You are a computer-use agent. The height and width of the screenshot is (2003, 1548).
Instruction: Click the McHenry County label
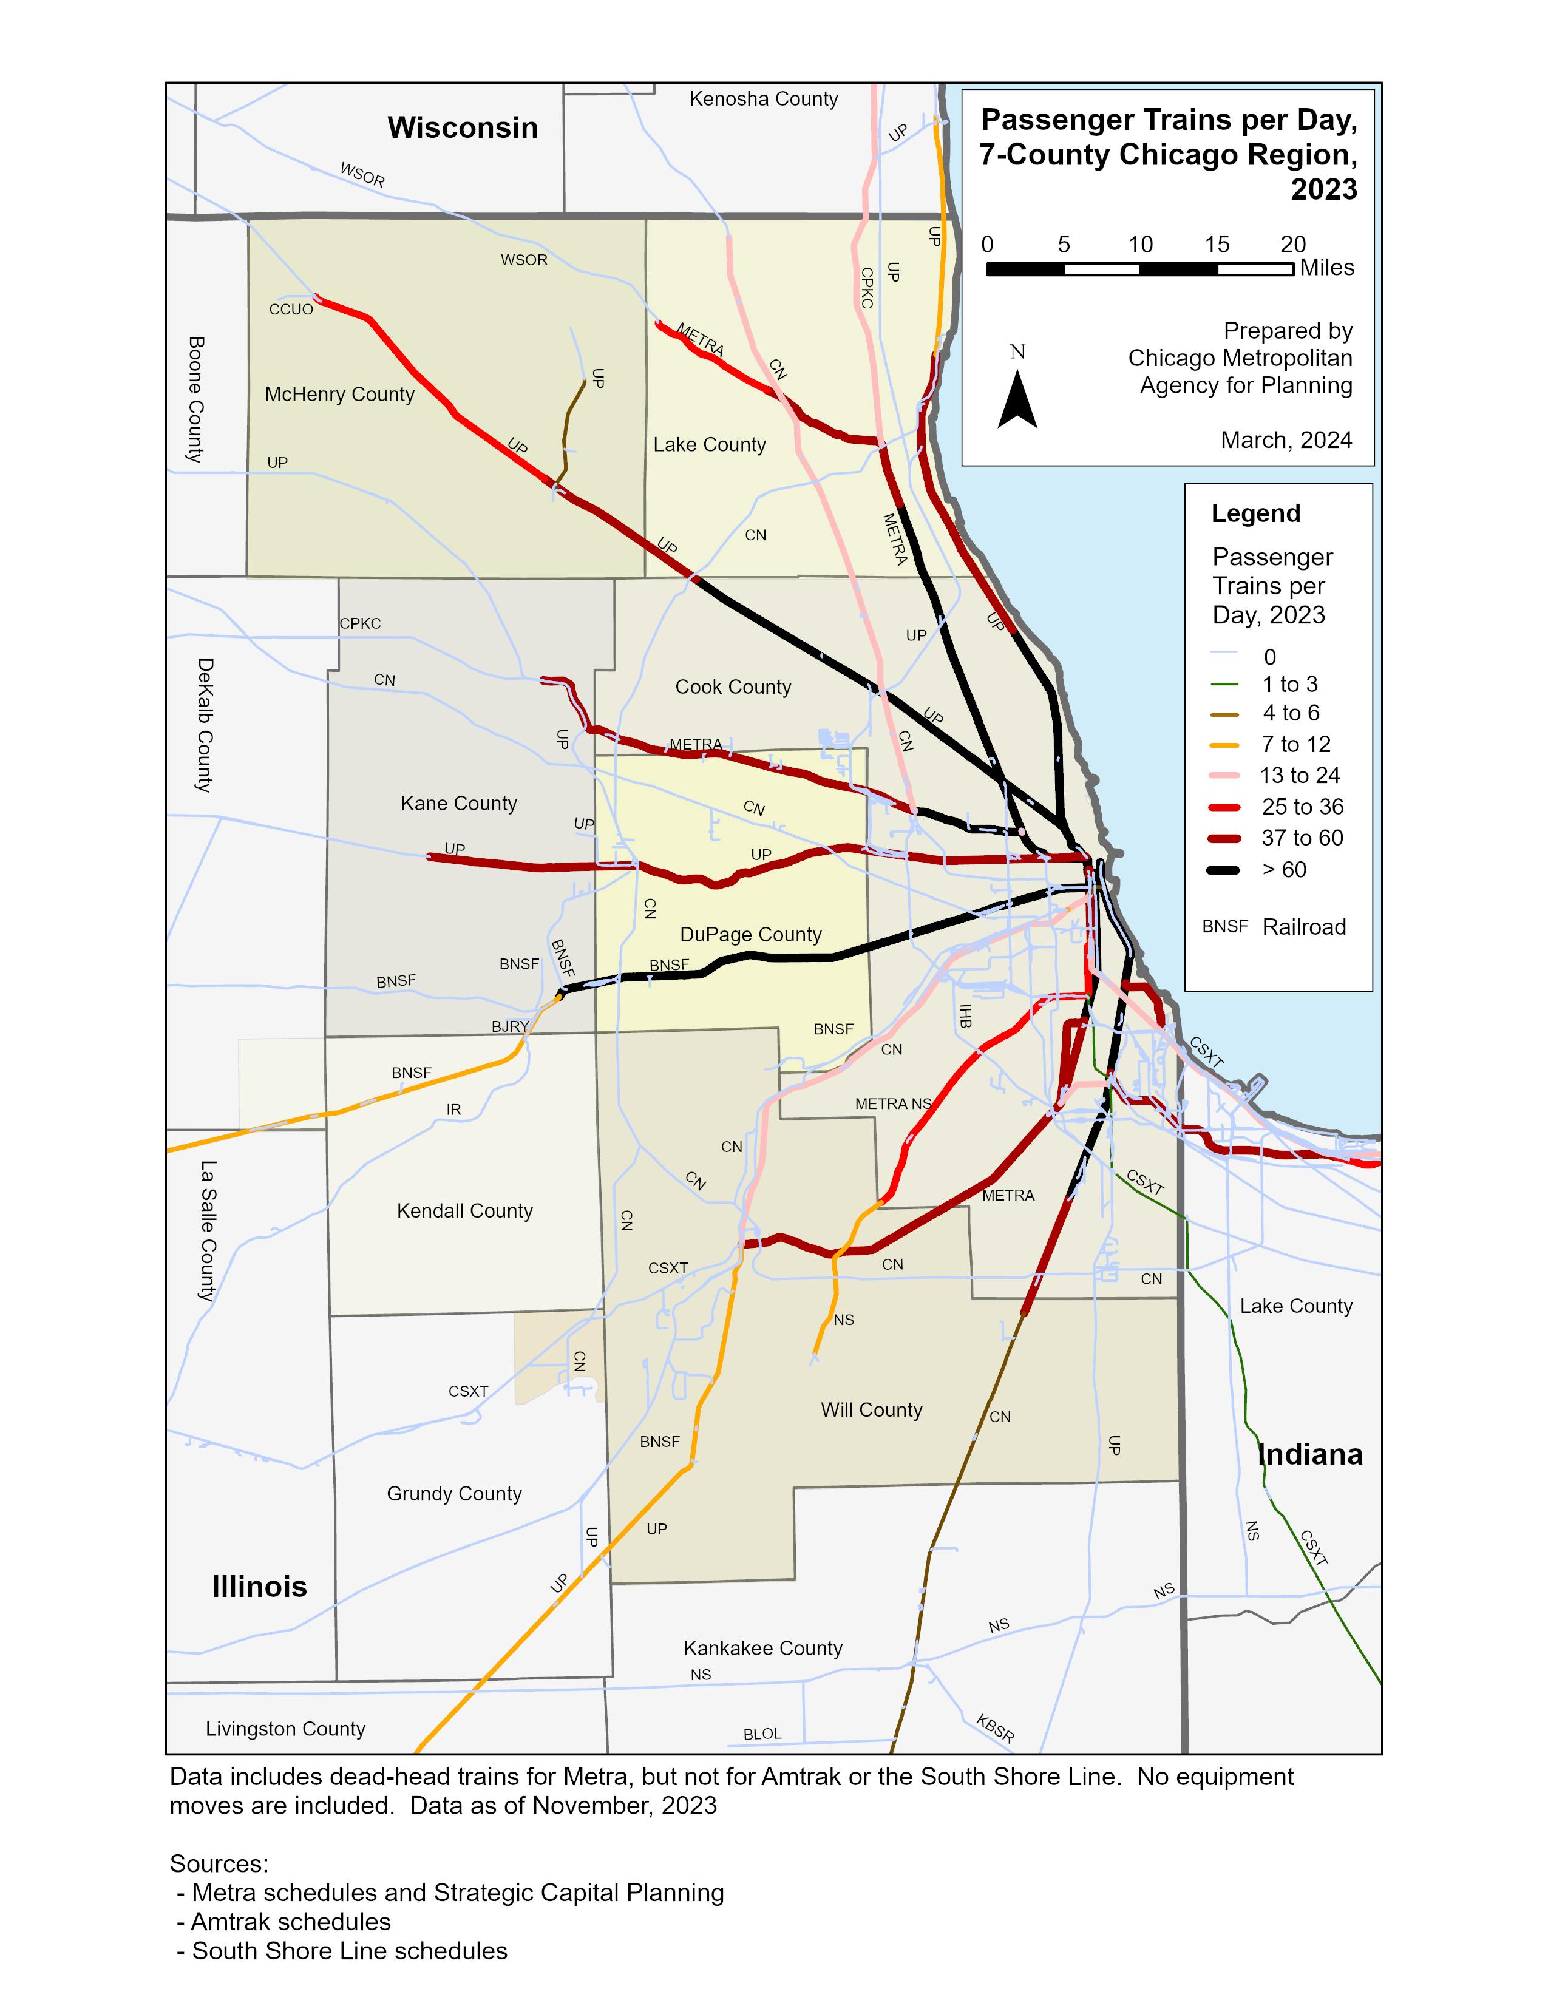click(x=339, y=395)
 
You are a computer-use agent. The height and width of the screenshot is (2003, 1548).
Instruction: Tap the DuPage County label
click(x=750, y=935)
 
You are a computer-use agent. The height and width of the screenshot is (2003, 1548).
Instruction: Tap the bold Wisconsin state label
click(x=462, y=127)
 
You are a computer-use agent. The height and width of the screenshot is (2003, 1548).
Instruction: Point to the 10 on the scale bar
click(x=1140, y=245)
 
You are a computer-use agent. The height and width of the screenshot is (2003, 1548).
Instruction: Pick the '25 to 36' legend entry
click(x=1302, y=807)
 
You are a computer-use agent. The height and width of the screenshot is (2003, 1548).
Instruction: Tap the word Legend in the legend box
click(x=1255, y=513)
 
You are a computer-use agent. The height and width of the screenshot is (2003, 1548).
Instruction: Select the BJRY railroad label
click(x=510, y=1026)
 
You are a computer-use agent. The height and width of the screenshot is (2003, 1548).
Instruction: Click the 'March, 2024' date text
click(x=1286, y=440)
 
